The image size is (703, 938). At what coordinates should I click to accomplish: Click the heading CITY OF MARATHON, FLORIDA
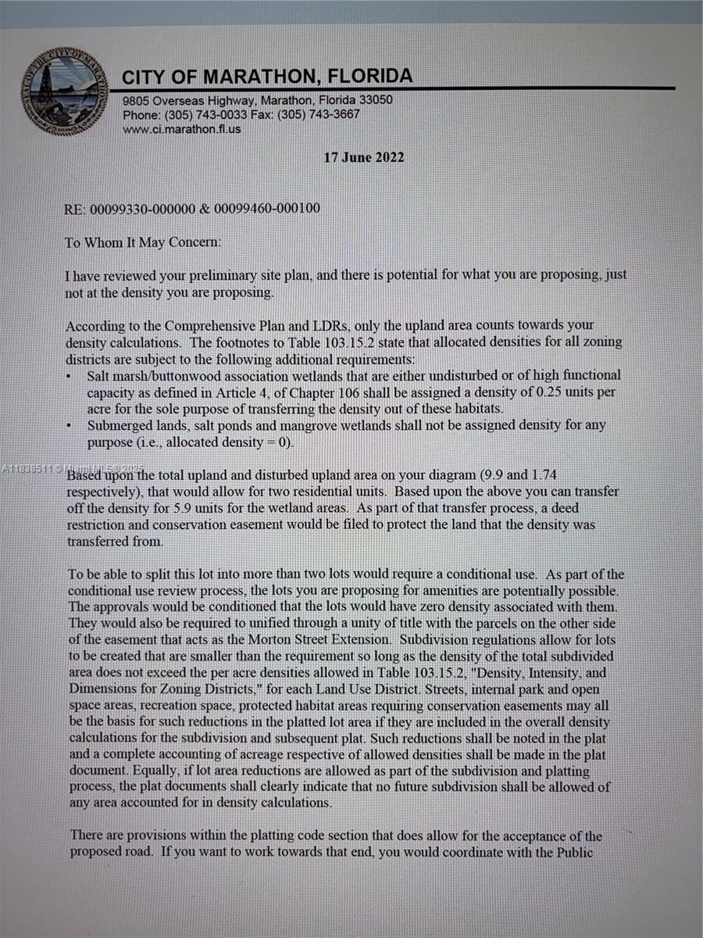coord(267,77)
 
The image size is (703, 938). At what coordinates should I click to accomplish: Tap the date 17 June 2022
coord(364,157)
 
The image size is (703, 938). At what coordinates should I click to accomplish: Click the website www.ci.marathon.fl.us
coord(182,129)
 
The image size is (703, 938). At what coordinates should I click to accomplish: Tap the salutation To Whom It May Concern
coord(143,242)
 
